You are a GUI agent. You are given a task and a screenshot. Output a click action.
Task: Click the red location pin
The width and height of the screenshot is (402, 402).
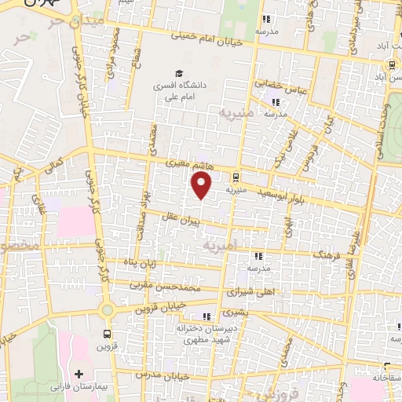[x=202, y=185]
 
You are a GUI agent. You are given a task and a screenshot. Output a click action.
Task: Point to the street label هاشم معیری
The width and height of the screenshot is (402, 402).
[x=188, y=164]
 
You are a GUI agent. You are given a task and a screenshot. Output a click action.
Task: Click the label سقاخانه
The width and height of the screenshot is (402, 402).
[x=385, y=378]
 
